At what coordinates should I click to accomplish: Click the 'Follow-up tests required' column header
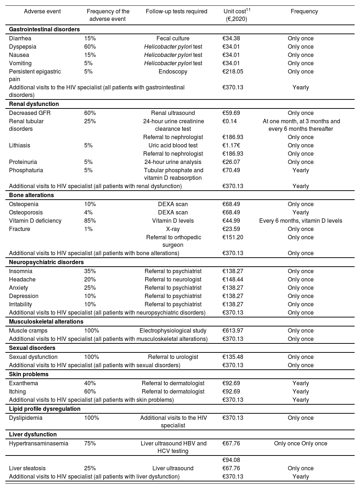click(176, 12)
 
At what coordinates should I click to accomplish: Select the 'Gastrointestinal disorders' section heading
click(44, 29)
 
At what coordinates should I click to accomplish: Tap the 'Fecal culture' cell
click(173, 39)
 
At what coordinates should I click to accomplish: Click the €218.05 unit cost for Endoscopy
click(233, 72)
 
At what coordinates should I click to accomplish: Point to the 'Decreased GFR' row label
click(30, 113)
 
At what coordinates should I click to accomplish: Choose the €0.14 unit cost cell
click(230, 121)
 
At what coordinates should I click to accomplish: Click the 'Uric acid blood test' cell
click(173, 146)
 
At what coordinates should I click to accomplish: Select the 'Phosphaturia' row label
click(26, 170)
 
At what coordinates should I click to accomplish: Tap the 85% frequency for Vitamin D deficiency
click(90, 221)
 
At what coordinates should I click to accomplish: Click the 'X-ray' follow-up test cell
click(173, 229)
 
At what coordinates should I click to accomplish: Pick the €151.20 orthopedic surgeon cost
click(233, 237)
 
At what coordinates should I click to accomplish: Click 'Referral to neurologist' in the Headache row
click(173, 280)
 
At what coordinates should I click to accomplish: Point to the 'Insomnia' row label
click(21, 271)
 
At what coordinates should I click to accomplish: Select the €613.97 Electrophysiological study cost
click(233, 331)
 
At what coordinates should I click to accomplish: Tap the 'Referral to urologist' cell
click(173, 357)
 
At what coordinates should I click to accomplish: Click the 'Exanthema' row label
click(23, 383)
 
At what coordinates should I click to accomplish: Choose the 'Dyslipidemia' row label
click(26, 418)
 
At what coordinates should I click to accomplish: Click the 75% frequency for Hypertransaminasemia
click(90, 444)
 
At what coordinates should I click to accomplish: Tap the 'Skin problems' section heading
click(29, 374)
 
